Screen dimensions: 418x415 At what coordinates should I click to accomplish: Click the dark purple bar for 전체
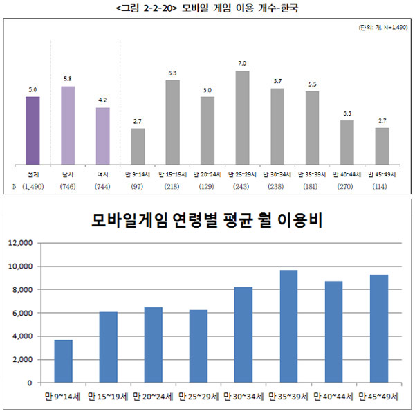tap(33, 131)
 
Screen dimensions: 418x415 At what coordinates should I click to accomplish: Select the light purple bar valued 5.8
tap(68, 125)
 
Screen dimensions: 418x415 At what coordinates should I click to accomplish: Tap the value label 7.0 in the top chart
tap(242, 64)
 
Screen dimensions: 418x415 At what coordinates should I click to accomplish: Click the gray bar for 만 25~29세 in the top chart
tap(242, 117)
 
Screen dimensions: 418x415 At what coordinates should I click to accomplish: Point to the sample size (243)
tap(242, 187)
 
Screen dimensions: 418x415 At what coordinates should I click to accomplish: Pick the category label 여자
tap(102, 174)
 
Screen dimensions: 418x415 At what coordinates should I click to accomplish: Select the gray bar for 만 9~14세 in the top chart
tap(138, 145)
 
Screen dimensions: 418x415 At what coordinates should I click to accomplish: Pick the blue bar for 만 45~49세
tap(379, 328)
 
